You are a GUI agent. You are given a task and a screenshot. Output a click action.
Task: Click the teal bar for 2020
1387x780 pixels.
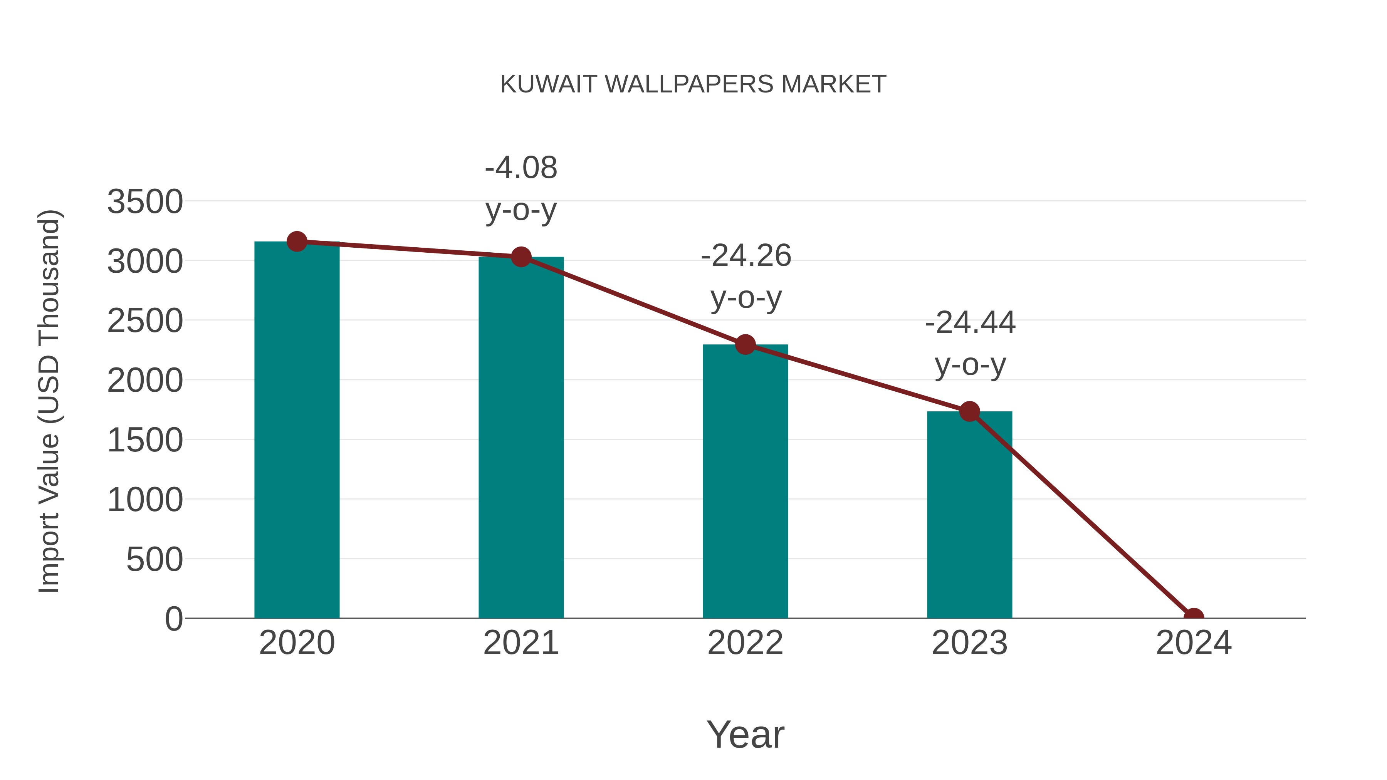[297, 431]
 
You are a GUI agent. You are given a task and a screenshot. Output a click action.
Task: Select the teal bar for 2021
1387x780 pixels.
[521, 439]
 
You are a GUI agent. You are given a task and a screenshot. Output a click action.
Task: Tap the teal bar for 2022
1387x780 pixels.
[745, 482]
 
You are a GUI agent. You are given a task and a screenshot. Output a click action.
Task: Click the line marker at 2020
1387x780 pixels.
[297, 242]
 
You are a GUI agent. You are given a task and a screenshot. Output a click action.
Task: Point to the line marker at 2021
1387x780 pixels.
[521, 257]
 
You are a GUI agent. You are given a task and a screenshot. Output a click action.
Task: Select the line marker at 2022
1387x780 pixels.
[745, 344]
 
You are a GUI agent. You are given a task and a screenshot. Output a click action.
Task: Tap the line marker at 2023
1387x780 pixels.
[969, 412]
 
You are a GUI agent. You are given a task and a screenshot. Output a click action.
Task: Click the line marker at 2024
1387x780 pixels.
[1193, 617]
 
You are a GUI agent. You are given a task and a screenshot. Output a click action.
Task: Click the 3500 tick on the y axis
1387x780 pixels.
[145, 202]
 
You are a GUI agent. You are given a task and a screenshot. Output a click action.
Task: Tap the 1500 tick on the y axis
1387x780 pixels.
[145, 440]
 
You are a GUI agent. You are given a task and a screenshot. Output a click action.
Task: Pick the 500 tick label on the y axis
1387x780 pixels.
[154, 560]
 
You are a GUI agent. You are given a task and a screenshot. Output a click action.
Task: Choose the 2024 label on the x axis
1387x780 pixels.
[1193, 643]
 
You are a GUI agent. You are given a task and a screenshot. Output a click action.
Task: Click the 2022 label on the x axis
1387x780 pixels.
[745, 643]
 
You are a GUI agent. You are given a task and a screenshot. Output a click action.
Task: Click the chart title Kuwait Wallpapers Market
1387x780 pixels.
[693, 84]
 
